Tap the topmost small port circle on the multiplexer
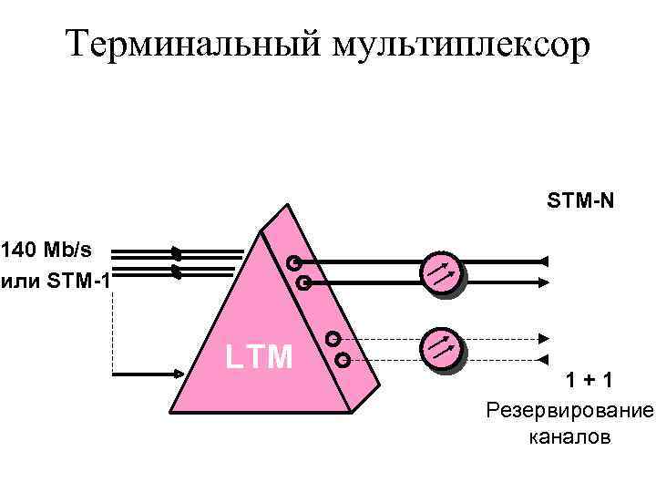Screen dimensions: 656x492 (x=293, y=263)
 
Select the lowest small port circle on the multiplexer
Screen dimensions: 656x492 (x=343, y=359)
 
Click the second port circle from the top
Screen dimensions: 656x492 (x=303, y=284)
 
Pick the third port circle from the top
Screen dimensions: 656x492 (x=333, y=338)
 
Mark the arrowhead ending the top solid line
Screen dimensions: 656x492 (x=543, y=262)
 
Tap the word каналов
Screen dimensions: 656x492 (x=569, y=437)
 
